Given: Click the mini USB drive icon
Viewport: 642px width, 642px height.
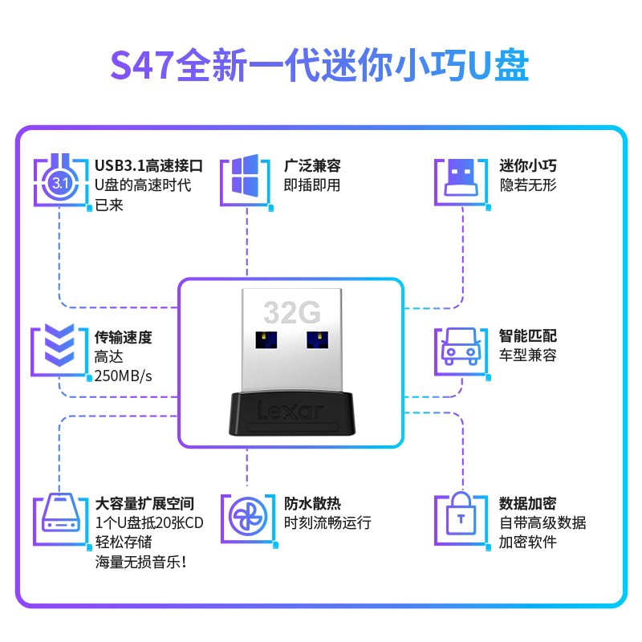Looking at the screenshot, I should click(460, 178).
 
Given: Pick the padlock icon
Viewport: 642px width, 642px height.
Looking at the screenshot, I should click(460, 518).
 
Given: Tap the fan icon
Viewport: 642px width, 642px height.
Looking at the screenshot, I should click(246, 514).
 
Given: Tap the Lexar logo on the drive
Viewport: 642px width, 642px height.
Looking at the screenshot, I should click(291, 410).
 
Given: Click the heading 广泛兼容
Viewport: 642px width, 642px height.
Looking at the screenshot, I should click(312, 166).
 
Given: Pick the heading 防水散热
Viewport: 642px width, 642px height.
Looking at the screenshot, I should click(312, 504).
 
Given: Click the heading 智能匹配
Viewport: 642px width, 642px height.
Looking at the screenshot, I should click(527, 336).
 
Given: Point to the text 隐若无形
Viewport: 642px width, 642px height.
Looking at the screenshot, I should click(527, 185).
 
